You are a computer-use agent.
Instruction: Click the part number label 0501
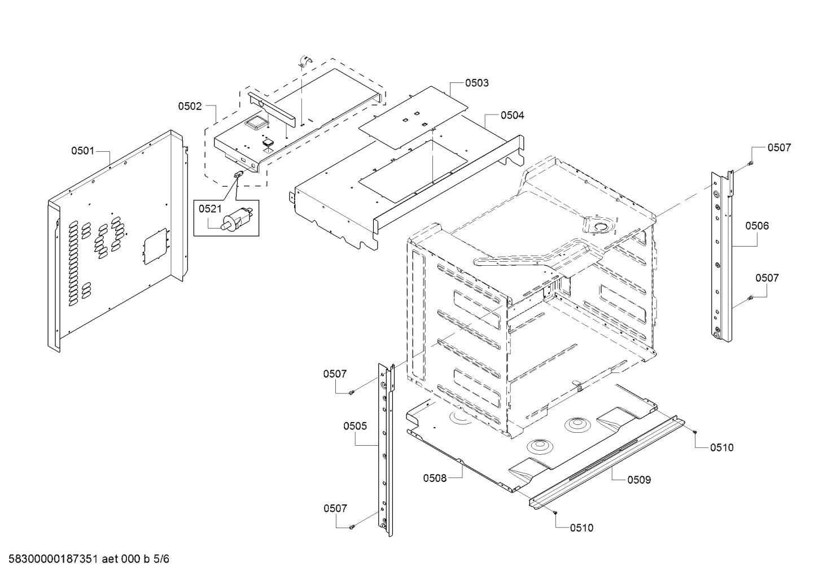pos(82,151)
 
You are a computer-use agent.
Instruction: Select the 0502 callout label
pos(190,106)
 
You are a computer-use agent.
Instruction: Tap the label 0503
pos(477,83)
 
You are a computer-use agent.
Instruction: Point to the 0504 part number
pos(512,115)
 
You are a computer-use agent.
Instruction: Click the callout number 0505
pos(355,426)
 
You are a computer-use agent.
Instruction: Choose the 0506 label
pos(756,226)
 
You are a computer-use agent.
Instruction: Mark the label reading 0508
pos(435,478)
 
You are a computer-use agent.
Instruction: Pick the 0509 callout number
pos(639,480)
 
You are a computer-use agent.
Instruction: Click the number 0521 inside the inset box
pos(209,209)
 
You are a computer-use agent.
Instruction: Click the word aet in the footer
pos(111,559)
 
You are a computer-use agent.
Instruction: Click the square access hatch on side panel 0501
pos(155,245)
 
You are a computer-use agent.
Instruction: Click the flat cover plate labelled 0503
pos(414,111)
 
